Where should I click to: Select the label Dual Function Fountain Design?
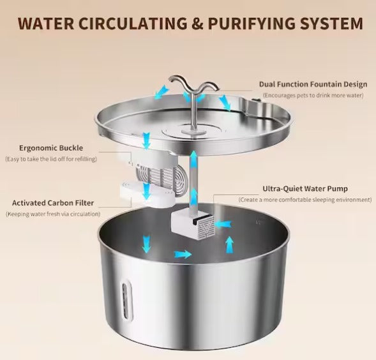click(313, 84)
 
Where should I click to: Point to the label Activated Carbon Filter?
click(54, 202)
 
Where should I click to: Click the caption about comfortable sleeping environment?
click(305, 200)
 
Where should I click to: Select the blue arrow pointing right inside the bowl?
click(182, 254)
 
